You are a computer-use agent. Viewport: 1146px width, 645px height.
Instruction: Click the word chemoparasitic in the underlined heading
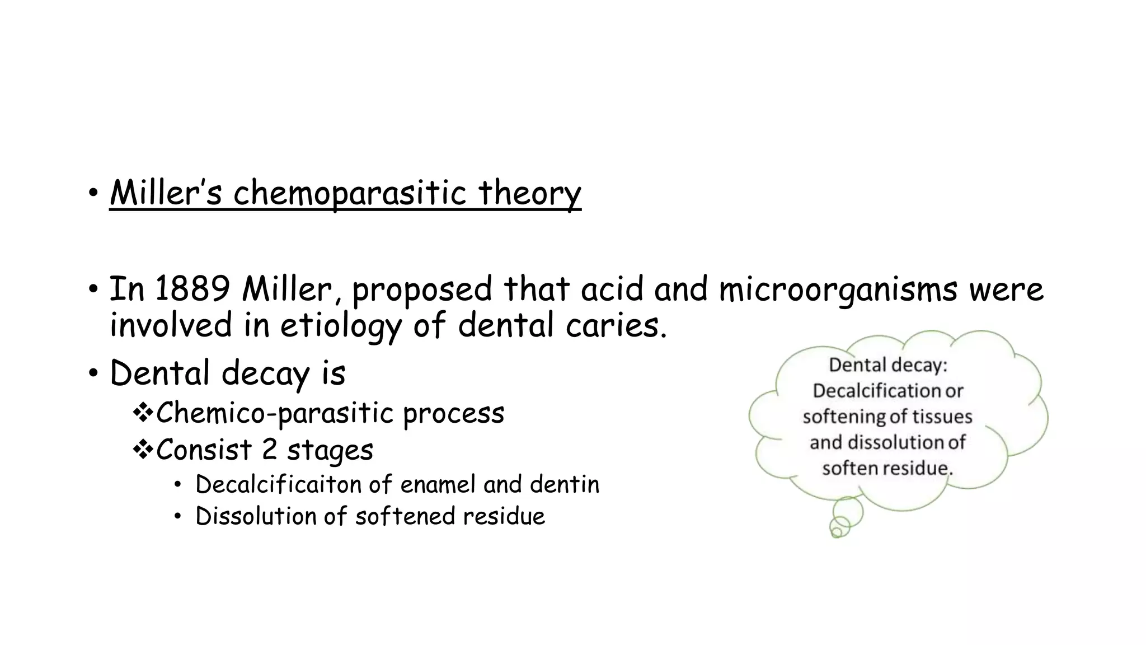349,193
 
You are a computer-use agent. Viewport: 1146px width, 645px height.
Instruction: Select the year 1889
192,289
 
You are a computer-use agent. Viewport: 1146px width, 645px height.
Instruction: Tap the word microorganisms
838,289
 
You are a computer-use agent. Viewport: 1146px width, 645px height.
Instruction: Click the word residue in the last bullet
507,516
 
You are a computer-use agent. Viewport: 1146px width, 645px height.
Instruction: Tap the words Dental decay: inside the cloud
887,365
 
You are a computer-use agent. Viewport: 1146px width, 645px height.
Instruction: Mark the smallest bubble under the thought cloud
837,531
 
